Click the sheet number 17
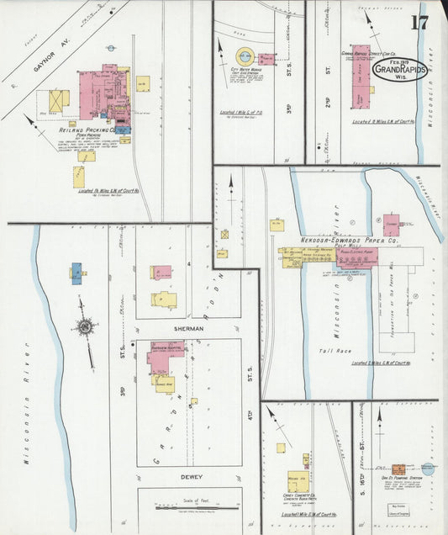[419, 22]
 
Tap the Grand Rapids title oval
[398, 70]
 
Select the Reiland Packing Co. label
[87, 131]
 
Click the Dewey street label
[192, 477]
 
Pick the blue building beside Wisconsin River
[76, 273]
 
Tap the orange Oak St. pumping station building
[399, 469]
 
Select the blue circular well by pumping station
[428, 469]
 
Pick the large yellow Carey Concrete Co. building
[298, 481]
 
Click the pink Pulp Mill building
[356, 257]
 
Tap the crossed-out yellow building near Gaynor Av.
[59, 99]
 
